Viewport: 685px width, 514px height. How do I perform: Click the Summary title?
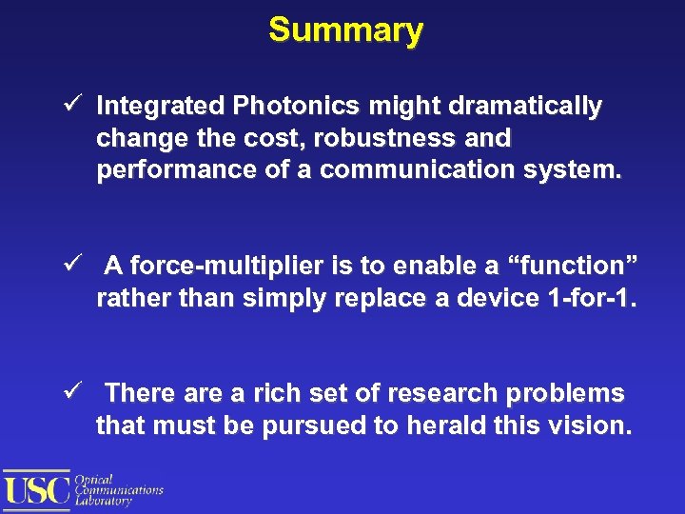(345, 30)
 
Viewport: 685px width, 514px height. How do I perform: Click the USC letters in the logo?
(37, 489)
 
